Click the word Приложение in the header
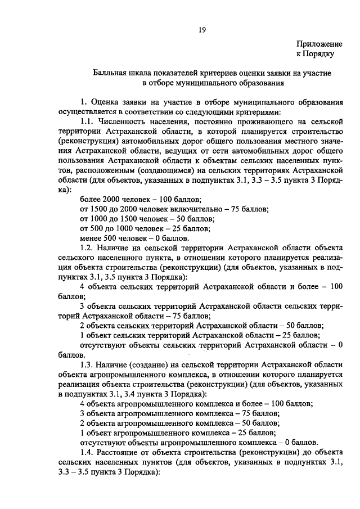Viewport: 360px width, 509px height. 319,43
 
